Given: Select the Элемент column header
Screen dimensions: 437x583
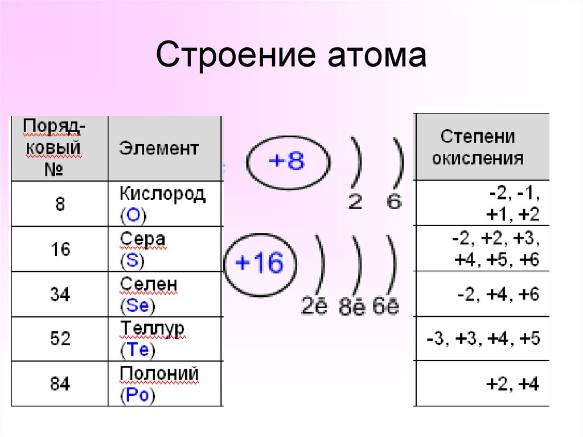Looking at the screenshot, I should (159, 149).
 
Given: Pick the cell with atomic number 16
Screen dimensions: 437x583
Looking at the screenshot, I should (60, 249).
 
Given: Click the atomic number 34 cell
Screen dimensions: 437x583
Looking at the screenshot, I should (60, 295).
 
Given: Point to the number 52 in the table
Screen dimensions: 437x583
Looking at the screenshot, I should (60, 339).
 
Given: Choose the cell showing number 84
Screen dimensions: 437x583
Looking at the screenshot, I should (60, 384).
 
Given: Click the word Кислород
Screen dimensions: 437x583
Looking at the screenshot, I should (162, 194).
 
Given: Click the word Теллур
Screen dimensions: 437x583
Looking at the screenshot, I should (152, 329).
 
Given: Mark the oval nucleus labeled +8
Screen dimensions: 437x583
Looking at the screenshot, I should (286, 162).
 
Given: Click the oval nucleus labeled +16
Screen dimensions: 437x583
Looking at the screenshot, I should (259, 263).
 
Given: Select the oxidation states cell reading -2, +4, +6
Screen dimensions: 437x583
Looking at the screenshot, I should (498, 295).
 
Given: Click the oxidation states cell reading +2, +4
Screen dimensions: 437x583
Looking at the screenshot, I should (512, 384).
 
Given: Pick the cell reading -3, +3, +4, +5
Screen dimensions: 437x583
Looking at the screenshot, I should (483, 339).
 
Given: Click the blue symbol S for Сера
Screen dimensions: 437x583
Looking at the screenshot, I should (133, 261).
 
